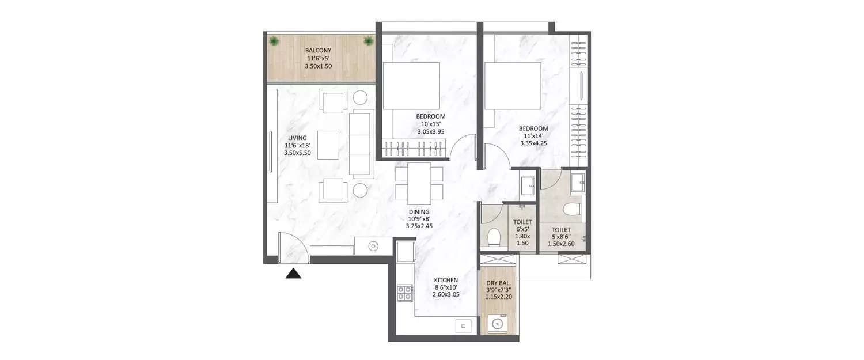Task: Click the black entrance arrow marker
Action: point(294,274)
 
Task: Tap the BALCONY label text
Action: point(319,50)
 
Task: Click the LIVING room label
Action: point(297,138)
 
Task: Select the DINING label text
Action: point(419,211)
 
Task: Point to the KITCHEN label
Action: point(446,280)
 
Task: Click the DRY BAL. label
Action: point(499,283)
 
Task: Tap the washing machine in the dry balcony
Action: point(499,324)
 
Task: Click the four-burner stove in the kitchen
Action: point(404,294)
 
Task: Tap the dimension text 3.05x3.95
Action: point(430,131)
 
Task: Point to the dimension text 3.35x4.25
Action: point(532,143)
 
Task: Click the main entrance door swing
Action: point(293,248)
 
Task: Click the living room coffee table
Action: point(328,144)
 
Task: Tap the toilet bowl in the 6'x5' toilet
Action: point(493,237)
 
